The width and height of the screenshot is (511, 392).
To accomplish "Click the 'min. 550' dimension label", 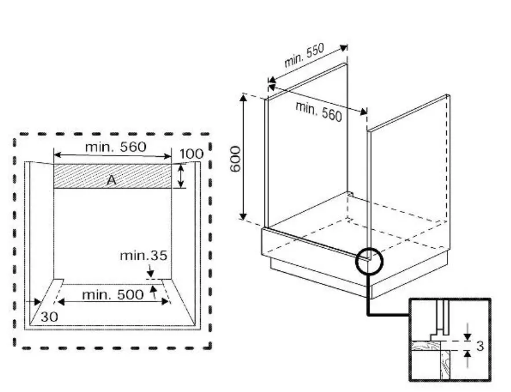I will [x=303, y=55].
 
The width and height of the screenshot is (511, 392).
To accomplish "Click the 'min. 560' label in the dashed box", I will [x=116, y=146].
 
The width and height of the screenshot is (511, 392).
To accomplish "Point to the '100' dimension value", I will [x=191, y=154].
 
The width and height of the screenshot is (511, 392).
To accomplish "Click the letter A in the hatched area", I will [x=112, y=181].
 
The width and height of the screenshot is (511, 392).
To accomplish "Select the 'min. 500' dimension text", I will [x=112, y=294].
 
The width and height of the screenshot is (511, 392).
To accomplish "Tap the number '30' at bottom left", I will [x=49, y=316].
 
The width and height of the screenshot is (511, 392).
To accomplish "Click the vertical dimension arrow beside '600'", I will [x=244, y=157].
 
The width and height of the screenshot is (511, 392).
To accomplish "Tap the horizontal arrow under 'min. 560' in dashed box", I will [x=112, y=156].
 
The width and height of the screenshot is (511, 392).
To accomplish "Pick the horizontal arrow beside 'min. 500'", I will [x=112, y=302].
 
